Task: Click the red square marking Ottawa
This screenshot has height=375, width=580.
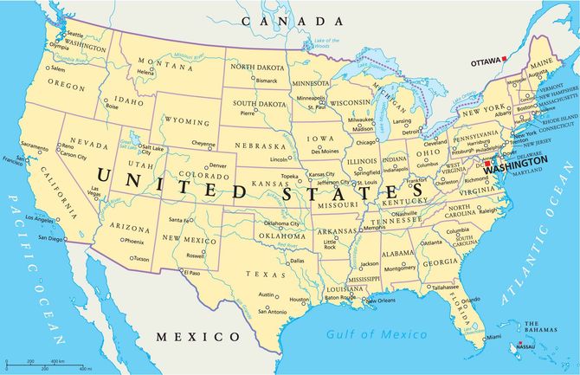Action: [x=505, y=59]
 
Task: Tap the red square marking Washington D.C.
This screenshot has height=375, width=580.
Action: [x=487, y=163]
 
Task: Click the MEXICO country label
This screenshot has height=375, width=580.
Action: [x=197, y=336]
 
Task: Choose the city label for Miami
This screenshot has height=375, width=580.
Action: [x=493, y=336]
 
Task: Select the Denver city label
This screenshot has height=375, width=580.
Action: [x=218, y=165]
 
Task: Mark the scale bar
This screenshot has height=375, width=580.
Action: [x=43, y=365]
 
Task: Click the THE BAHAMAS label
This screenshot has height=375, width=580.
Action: [x=538, y=327]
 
